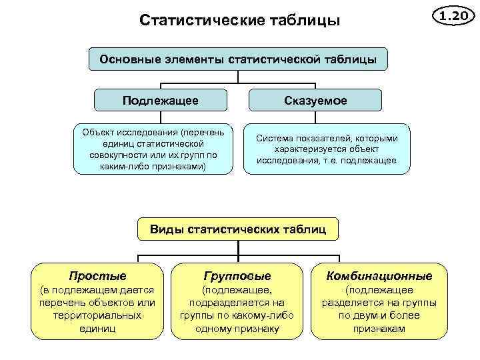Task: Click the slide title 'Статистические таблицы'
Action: pyautogui.click(x=239, y=21)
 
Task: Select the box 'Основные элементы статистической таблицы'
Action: pyautogui.click(x=238, y=60)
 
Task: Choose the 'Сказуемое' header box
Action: pyautogui.click(x=317, y=101)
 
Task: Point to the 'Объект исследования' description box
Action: pyautogui.click(x=155, y=149)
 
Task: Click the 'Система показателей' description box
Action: pyautogui.click(x=326, y=149)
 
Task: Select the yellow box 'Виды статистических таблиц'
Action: pyautogui.click(x=238, y=230)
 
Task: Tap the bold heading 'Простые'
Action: pyautogui.click(x=97, y=275)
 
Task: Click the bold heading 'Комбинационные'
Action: pyautogui.click(x=379, y=275)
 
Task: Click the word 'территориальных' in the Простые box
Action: pyautogui.click(x=97, y=315)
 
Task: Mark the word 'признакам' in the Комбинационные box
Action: pyautogui.click(x=379, y=328)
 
